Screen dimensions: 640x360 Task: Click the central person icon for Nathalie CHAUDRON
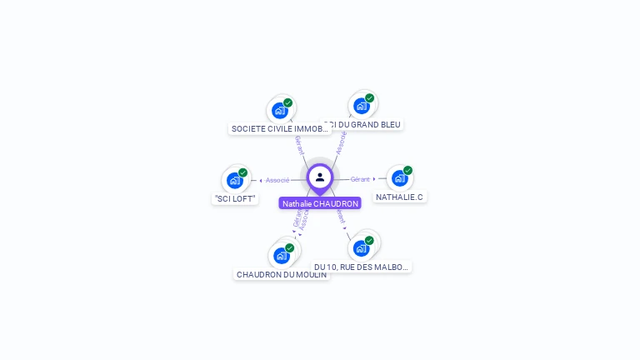(320, 177)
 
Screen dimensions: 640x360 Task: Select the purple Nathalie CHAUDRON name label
(320, 203)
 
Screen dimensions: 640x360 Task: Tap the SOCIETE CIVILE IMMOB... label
(280, 128)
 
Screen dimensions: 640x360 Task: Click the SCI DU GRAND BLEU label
(363, 124)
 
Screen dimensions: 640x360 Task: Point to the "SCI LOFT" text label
(235, 198)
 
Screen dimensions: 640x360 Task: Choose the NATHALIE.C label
(399, 197)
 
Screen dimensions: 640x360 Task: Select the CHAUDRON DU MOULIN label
(282, 274)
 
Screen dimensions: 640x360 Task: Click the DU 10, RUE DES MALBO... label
(362, 267)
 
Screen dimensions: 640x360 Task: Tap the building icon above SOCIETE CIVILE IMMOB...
(280, 110)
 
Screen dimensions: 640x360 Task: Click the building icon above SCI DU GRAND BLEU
(362, 106)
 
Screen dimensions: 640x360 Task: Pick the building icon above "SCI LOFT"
(235, 180)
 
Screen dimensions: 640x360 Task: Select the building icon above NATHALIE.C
(399, 178)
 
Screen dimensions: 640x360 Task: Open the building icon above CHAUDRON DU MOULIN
(282, 255)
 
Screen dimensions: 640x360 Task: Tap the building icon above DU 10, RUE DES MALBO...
(361, 247)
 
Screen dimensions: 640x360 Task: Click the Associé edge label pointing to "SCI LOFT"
(277, 180)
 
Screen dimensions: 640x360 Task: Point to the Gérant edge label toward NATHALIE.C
(360, 179)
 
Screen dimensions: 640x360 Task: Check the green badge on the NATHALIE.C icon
(407, 170)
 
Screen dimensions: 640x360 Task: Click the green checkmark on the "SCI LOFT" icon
(242, 172)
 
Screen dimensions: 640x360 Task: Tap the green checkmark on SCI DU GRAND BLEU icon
(369, 98)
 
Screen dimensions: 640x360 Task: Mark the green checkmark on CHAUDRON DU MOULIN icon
(289, 247)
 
